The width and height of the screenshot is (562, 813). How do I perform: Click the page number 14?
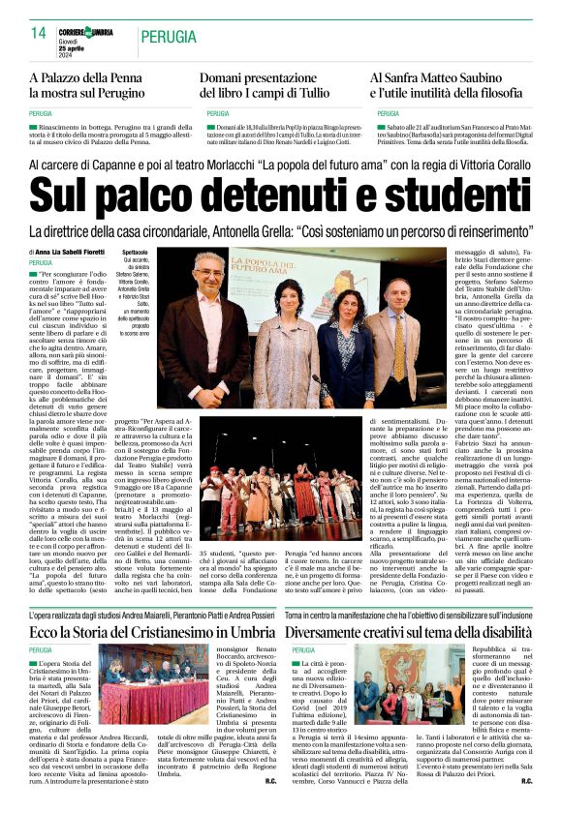click(x=39, y=33)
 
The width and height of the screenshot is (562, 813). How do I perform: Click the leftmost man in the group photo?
click(x=209, y=324)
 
